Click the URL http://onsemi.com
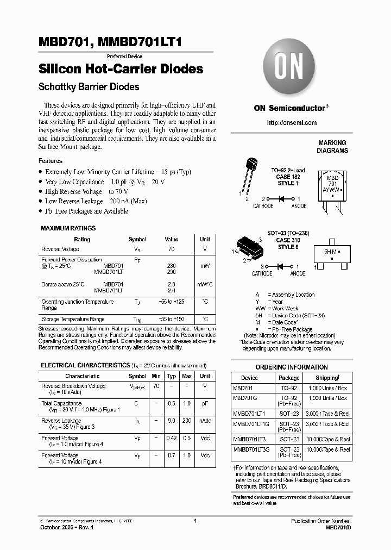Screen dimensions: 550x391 (292, 123)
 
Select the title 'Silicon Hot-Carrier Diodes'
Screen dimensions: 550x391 (121, 70)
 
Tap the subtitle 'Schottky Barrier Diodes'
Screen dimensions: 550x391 (89, 87)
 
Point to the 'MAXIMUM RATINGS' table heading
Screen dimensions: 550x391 (68, 228)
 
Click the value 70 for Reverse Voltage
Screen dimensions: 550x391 (171, 249)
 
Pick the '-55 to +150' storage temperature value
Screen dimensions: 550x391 (171, 319)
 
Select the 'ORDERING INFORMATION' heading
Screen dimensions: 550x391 (292, 367)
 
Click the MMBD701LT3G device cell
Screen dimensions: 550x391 (250, 449)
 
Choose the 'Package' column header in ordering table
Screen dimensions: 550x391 (289, 378)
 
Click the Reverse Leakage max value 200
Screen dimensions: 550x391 (187, 421)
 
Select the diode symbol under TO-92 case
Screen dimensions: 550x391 (281, 199)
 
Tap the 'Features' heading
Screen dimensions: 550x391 (50, 161)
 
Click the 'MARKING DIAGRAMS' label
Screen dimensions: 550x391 (332, 146)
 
